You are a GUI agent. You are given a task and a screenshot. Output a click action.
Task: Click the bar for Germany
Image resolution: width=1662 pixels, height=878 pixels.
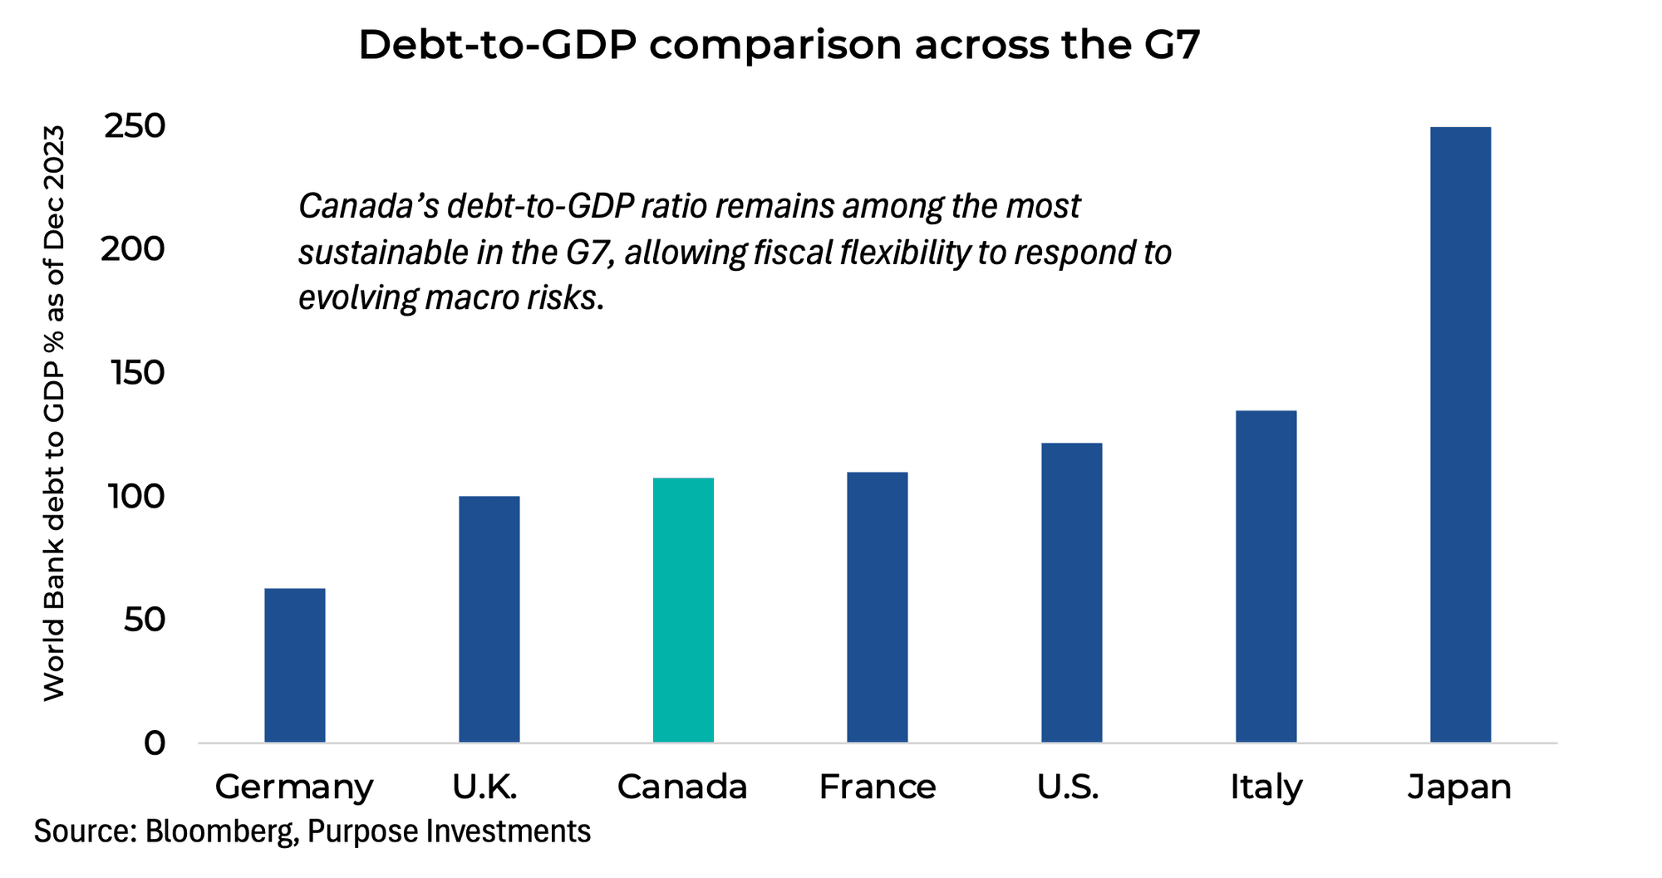click(x=295, y=665)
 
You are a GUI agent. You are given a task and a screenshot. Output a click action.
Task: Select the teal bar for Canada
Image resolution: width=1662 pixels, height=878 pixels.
click(x=683, y=610)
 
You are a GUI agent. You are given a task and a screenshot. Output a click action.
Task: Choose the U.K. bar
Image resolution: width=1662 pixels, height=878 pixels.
click(x=489, y=619)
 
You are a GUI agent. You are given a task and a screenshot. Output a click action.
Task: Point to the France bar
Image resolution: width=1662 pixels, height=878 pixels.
click(x=877, y=606)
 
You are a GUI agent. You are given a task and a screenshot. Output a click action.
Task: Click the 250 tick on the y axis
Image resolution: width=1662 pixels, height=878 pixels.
click(x=134, y=127)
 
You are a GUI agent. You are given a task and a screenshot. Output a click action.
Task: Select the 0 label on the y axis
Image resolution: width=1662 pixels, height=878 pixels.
click(x=155, y=743)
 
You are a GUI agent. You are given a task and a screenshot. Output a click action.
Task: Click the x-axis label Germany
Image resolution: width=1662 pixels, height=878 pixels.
click(x=294, y=787)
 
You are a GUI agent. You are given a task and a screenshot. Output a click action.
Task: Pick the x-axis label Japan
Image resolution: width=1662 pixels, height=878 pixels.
click(x=1459, y=787)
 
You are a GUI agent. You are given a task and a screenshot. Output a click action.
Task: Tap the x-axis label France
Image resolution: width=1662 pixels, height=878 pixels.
click(x=877, y=787)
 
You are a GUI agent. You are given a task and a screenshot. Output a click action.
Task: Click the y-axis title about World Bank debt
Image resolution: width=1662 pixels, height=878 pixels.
click(x=54, y=413)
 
